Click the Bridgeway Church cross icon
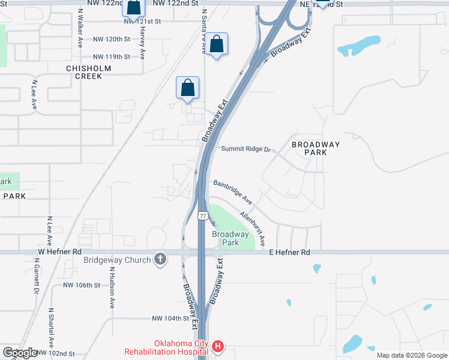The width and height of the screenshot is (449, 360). coord(160,259)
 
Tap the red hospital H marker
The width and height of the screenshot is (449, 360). coord(218,346)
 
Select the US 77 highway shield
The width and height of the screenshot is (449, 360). coord(203,215)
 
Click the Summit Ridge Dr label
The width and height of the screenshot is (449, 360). coord(246,149)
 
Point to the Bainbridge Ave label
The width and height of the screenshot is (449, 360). coord(233,190)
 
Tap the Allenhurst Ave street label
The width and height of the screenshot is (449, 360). coord(253,226)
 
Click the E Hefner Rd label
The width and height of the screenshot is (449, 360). coord(289,253)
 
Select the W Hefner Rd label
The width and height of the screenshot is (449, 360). coord(59,253)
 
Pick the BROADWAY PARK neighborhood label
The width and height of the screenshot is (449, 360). coord(316,148)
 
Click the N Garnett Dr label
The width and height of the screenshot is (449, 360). coord(36,275)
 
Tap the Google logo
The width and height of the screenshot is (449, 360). coord(20,353)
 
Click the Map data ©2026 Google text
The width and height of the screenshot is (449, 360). coord(412,355)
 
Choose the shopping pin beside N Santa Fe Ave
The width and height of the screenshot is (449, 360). coord(217,44)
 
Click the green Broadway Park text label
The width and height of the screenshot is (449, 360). coord(231,238)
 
